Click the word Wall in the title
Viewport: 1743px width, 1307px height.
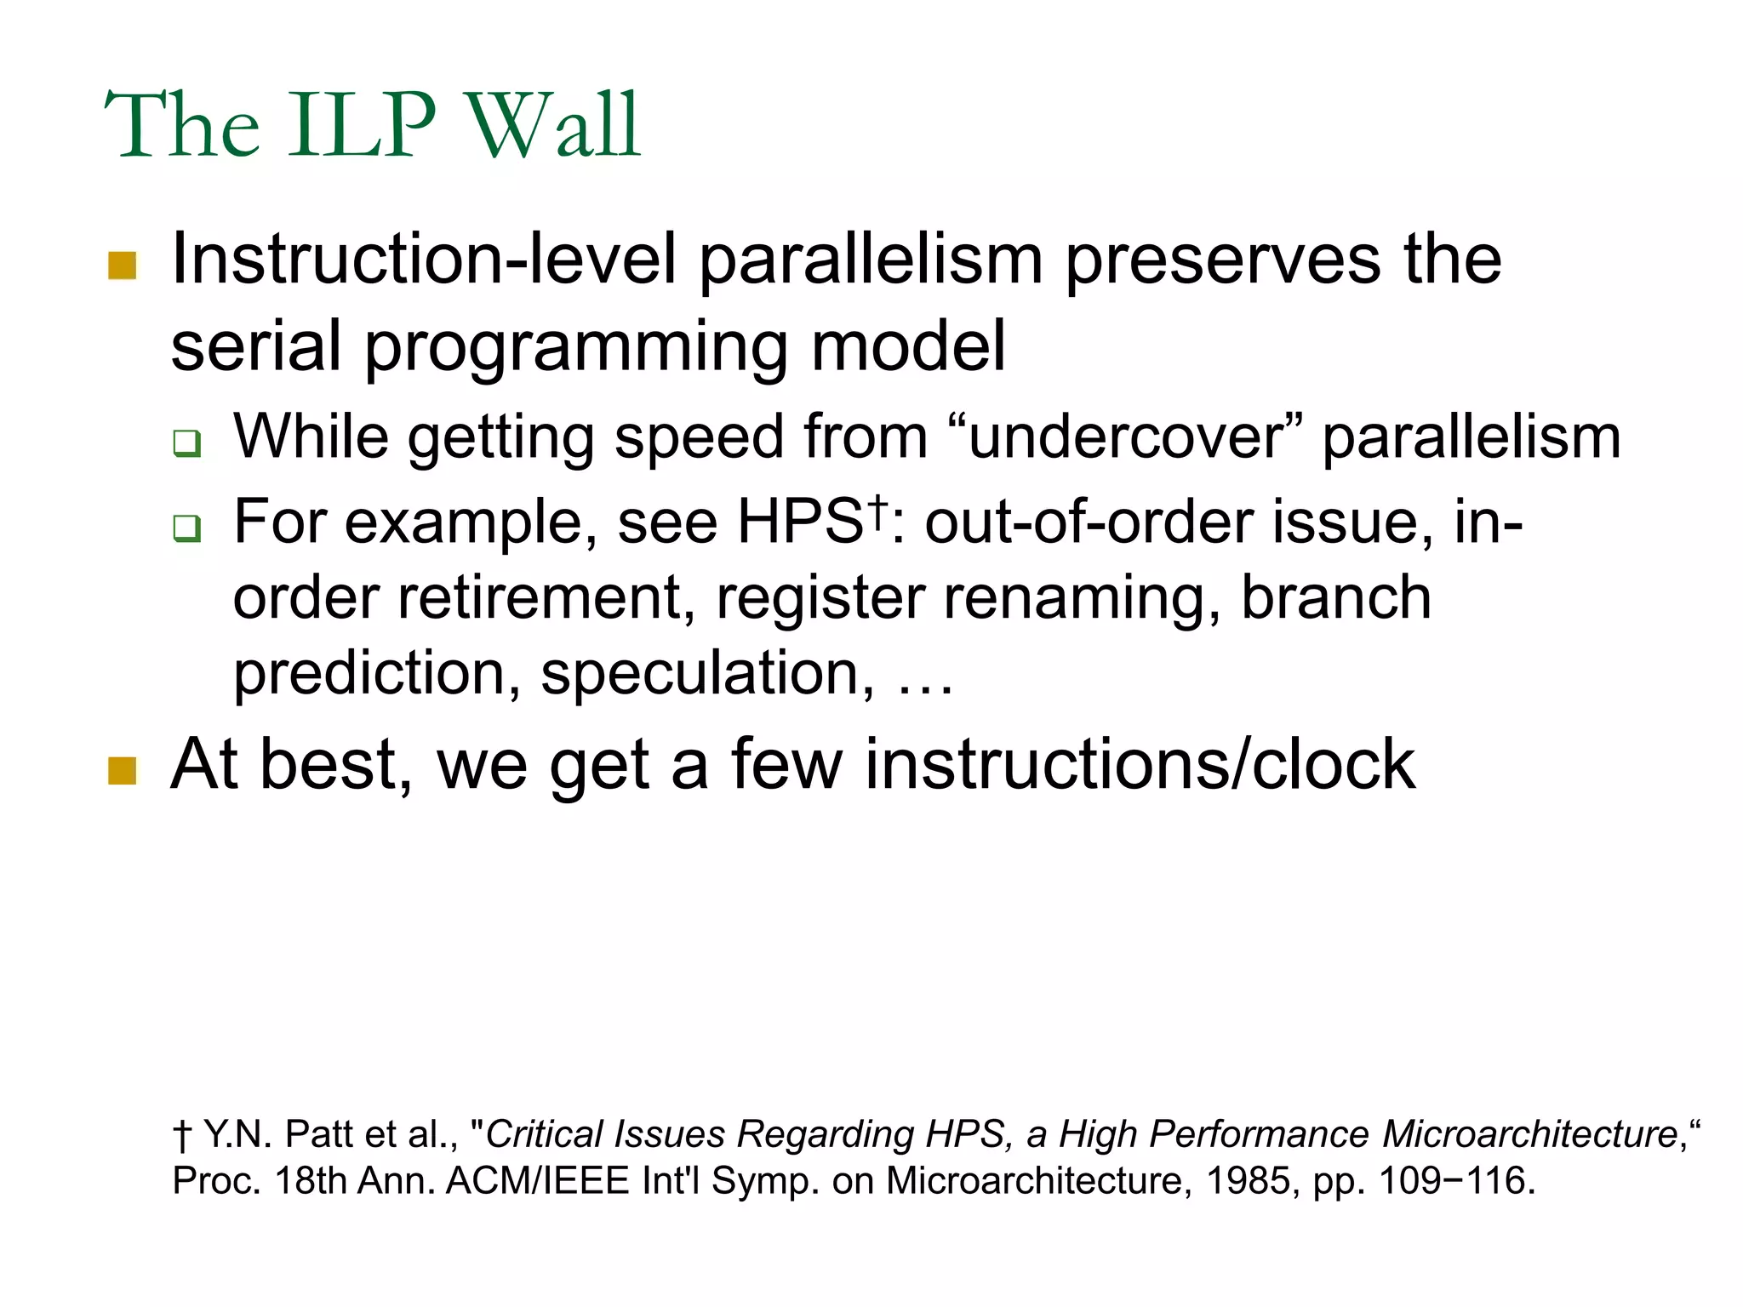pos(553,126)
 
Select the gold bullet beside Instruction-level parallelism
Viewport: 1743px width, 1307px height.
pos(123,265)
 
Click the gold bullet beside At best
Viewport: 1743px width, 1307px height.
pos(123,770)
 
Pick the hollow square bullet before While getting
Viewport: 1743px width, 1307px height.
pos(186,443)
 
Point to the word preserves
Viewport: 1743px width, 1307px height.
pos(1222,260)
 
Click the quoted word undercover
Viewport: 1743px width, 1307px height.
pos(1125,437)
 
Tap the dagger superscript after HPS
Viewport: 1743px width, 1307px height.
pos(877,508)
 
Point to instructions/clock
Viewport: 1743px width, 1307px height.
pos(1140,764)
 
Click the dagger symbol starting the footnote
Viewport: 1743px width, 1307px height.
pos(181,1135)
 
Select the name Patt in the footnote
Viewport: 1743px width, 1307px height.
pos(317,1134)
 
